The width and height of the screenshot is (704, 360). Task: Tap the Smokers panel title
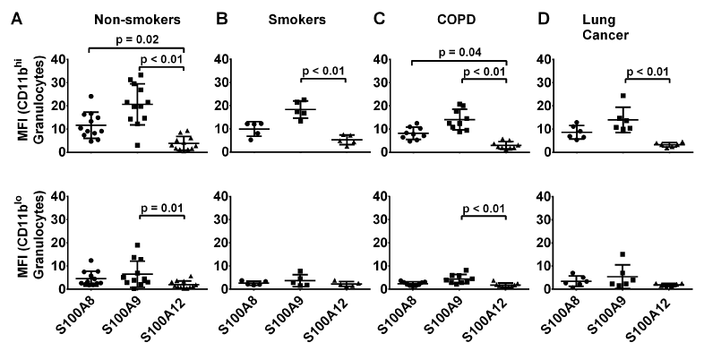[296, 19]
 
